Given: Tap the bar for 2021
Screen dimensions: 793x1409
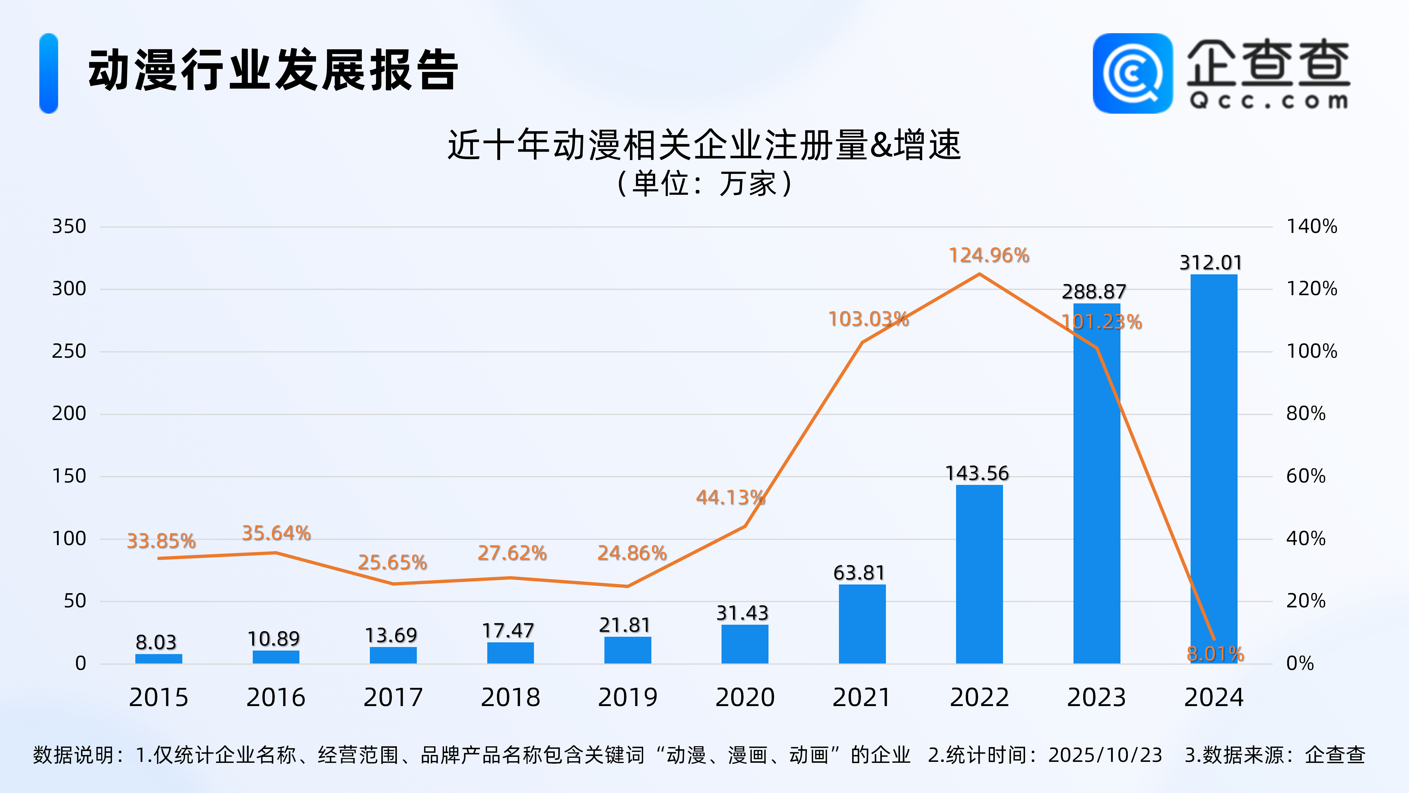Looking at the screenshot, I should click(862, 624).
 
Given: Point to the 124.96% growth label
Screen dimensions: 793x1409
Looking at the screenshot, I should click(989, 255).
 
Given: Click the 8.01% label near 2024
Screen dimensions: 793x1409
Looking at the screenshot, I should click(1215, 653).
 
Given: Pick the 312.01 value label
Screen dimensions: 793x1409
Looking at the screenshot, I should click(1211, 263).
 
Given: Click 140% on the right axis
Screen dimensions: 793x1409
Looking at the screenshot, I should click(1312, 226).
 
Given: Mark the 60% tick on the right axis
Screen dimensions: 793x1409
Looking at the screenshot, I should click(1306, 476).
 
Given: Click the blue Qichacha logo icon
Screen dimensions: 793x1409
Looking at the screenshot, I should click(1132, 73).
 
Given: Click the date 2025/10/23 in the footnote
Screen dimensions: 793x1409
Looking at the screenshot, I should click(1105, 755).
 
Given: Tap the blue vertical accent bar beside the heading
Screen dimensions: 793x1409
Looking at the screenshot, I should click(49, 73).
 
